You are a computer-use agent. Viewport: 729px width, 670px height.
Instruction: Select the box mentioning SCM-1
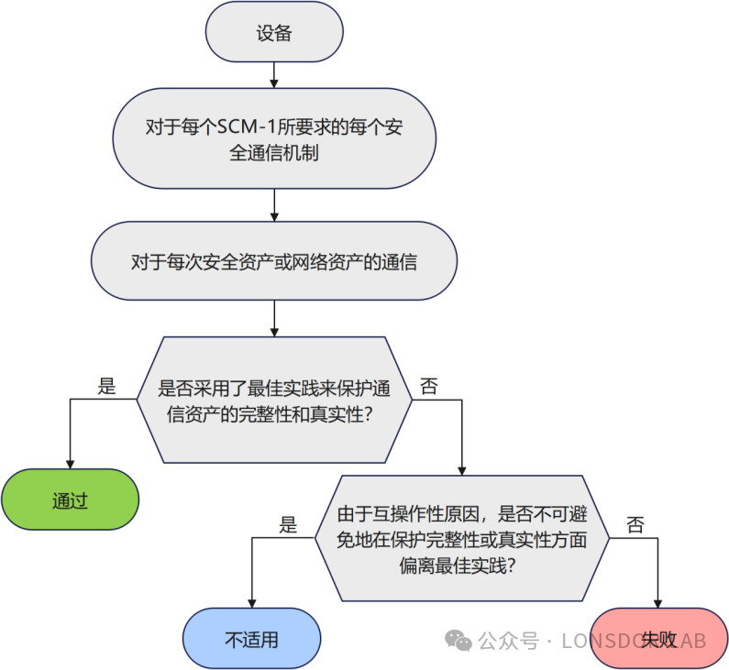[x=274, y=138]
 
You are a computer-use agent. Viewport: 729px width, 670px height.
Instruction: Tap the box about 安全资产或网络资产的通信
[x=274, y=262]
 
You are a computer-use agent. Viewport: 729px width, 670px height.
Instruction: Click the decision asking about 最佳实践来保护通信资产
[x=274, y=400]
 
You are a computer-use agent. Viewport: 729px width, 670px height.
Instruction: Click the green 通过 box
[x=70, y=501]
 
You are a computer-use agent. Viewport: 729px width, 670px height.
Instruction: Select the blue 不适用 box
[x=251, y=639]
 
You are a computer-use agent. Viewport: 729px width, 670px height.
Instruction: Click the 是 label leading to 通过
[x=106, y=386]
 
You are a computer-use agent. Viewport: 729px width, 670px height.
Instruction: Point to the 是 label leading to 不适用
[x=288, y=525]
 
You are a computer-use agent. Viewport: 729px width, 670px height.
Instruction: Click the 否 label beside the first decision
[x=428, y=386]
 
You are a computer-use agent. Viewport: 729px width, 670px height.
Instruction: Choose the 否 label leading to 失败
[x=635, y=525]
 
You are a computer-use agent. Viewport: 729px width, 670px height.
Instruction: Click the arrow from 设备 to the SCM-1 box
[x=274, y=75]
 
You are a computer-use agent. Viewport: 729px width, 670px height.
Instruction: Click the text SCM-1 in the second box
[x=242, y=126]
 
